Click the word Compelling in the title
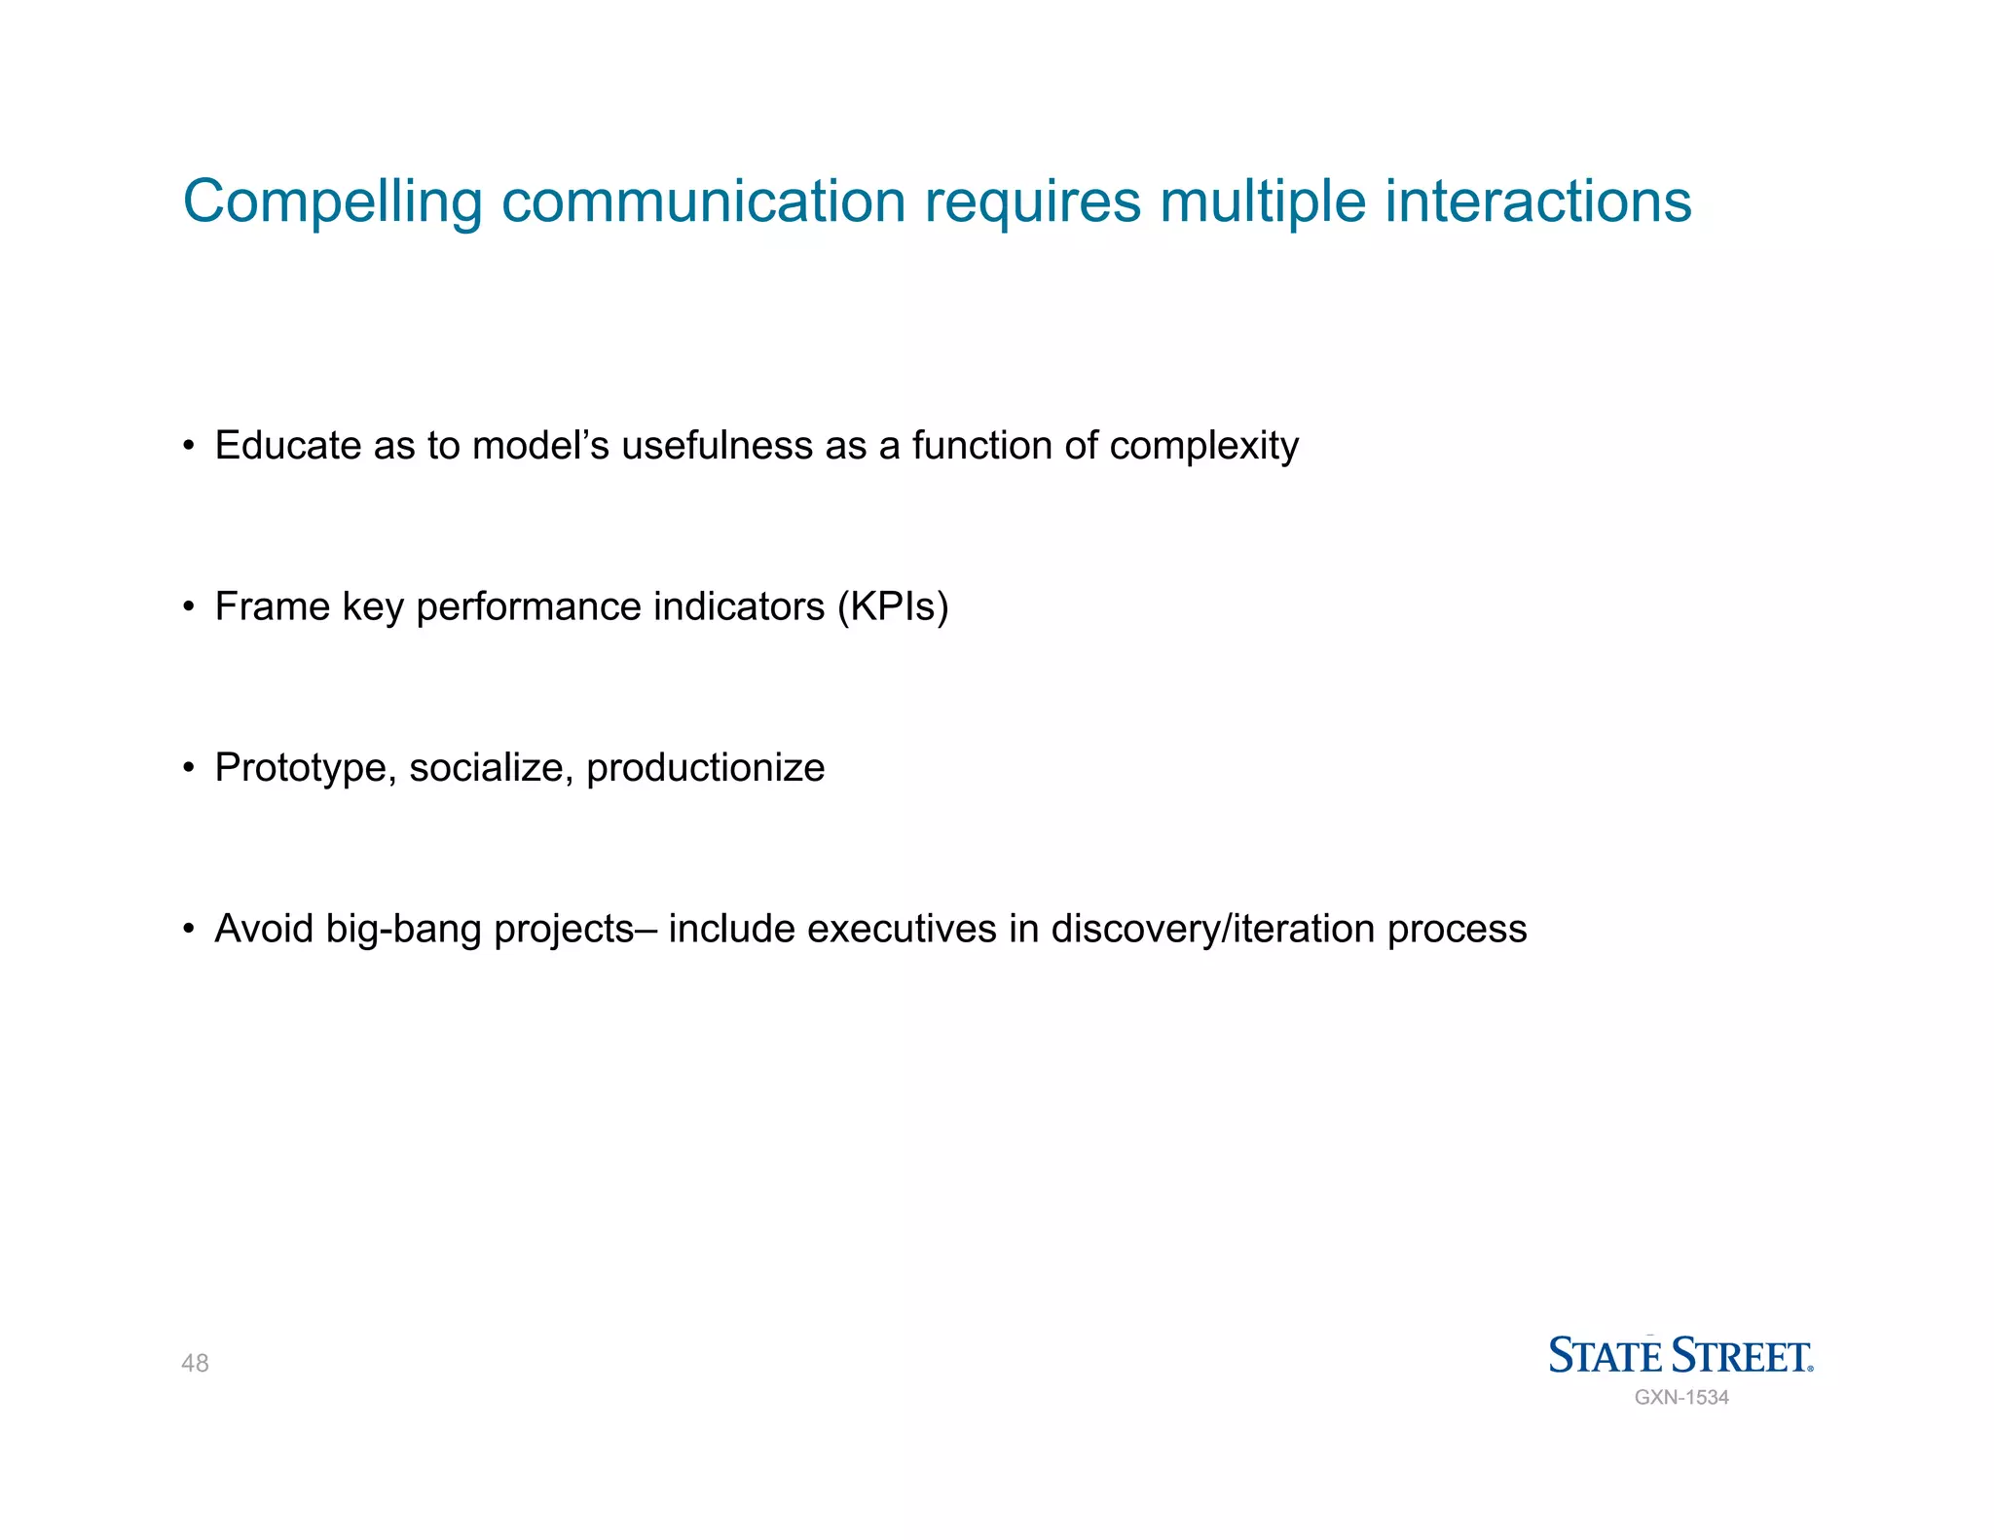(x=332, y=202)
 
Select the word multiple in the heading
(x=1263, y=202)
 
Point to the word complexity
(x=1203, y=447)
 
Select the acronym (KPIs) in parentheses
(x=892, y=607)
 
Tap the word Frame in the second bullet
(x=272, y=606)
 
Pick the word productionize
(x=705, y=769)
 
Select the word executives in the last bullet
(x=902, y=929)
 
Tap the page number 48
(x=195, y=1363)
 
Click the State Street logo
(x=1680, y=1355)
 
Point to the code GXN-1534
(x=1680, y=1398)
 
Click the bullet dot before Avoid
(x=189, y=930)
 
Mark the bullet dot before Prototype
(x=189, y=769)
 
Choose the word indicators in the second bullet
(x=739, y=606)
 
